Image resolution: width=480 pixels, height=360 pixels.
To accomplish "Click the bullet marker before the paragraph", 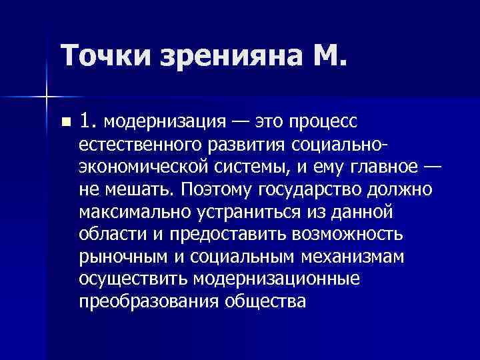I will pos(64,122).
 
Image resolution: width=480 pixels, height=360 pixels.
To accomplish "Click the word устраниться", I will pos(243,211).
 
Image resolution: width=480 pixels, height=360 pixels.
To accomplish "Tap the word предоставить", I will pos(221,234).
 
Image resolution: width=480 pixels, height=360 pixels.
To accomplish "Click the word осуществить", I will pos(133,279).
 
